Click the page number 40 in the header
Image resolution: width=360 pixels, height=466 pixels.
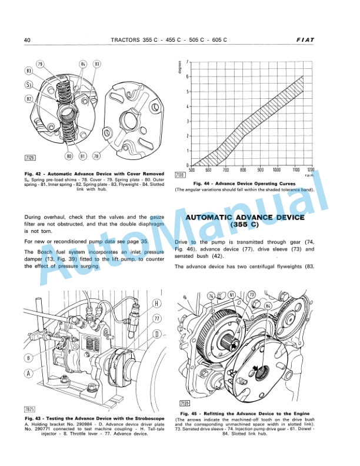coord(27,40)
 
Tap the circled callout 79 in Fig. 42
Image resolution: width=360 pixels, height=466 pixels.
coord(40,64)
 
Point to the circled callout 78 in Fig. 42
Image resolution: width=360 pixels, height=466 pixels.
coord(97,156)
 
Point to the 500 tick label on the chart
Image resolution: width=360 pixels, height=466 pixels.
coord(192,169)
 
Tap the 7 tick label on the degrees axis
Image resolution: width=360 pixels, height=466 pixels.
coord(187,62)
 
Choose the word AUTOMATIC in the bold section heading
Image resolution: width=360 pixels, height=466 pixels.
coord(218,217)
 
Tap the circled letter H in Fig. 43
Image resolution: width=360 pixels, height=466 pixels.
coord(156,304)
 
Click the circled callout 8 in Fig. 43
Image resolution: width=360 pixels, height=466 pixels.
coord(28,357)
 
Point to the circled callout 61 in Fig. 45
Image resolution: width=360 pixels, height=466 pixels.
coord(233,294)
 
